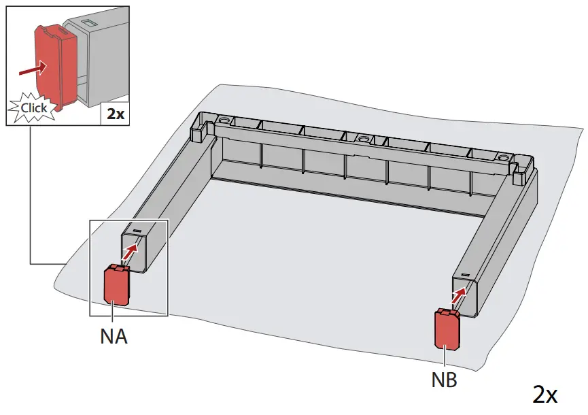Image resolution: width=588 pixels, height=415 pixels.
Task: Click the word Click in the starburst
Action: pyautogui.click(x=34, y=107)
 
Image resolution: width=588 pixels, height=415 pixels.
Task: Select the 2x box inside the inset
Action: pyautogui.click(x=115, y=114)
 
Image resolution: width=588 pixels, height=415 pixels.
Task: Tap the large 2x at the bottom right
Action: pyautogui.click(x=545, y=394)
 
